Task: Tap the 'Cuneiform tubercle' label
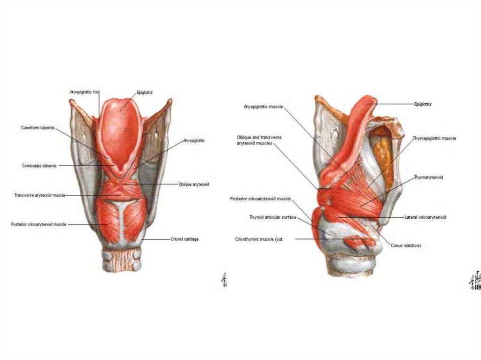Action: (38, 127)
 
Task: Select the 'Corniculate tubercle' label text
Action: (39, 166)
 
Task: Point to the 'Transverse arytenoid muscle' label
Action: (39, 195)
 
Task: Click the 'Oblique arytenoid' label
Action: (194, 184)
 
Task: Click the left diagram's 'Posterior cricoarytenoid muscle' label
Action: (39, 224)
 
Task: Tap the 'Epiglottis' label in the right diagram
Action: (423, 104)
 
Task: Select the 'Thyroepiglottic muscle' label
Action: (434, 138)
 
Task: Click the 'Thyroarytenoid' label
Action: (428, 177)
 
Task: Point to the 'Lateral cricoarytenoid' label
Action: (425, 217)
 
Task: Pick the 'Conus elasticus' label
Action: (406, 245)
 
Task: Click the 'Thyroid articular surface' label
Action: (272, 217)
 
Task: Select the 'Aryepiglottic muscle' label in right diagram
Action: (263, 107)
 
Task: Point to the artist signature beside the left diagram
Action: (224, 280)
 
